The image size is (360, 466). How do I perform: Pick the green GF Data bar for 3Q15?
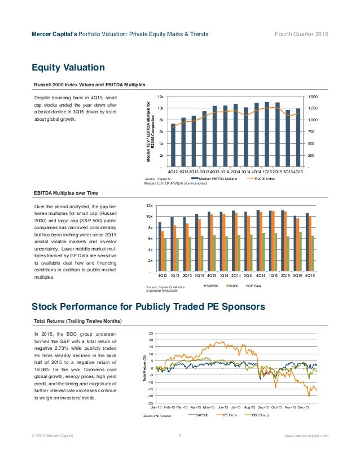click(x=300, y=252)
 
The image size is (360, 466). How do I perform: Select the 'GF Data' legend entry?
click(x=254, y=287)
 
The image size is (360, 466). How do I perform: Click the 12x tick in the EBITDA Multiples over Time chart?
click(x=150, y=206)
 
